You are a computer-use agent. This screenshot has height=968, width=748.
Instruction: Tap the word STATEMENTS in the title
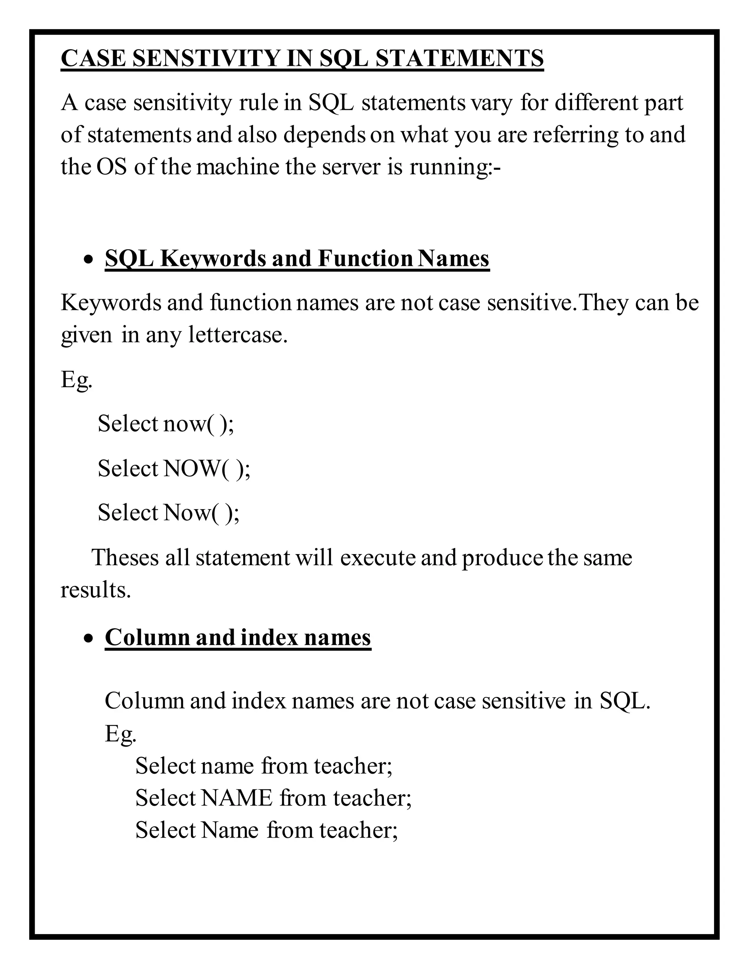click(459, 58)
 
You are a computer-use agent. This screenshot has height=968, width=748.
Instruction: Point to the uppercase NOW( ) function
click(206, 469)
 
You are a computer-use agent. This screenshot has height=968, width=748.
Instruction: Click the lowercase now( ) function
click(198, 424)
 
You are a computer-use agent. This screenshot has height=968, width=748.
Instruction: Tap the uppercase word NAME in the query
click(237, 798)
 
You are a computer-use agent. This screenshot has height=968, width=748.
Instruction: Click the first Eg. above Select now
click(77, 380)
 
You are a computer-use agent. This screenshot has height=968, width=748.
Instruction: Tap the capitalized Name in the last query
click(229, 830)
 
